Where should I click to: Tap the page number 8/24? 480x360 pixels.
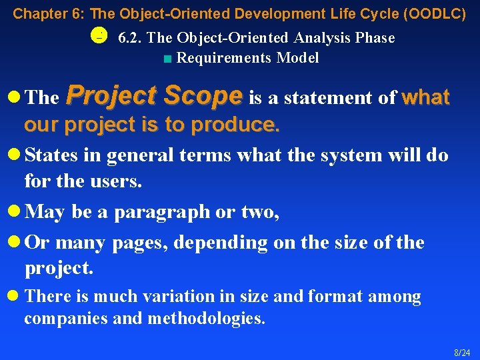click(x=462, y=353)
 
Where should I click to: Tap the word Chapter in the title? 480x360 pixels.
click(x=35, y=13)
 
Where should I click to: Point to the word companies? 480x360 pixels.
click(x=59, y=319)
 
